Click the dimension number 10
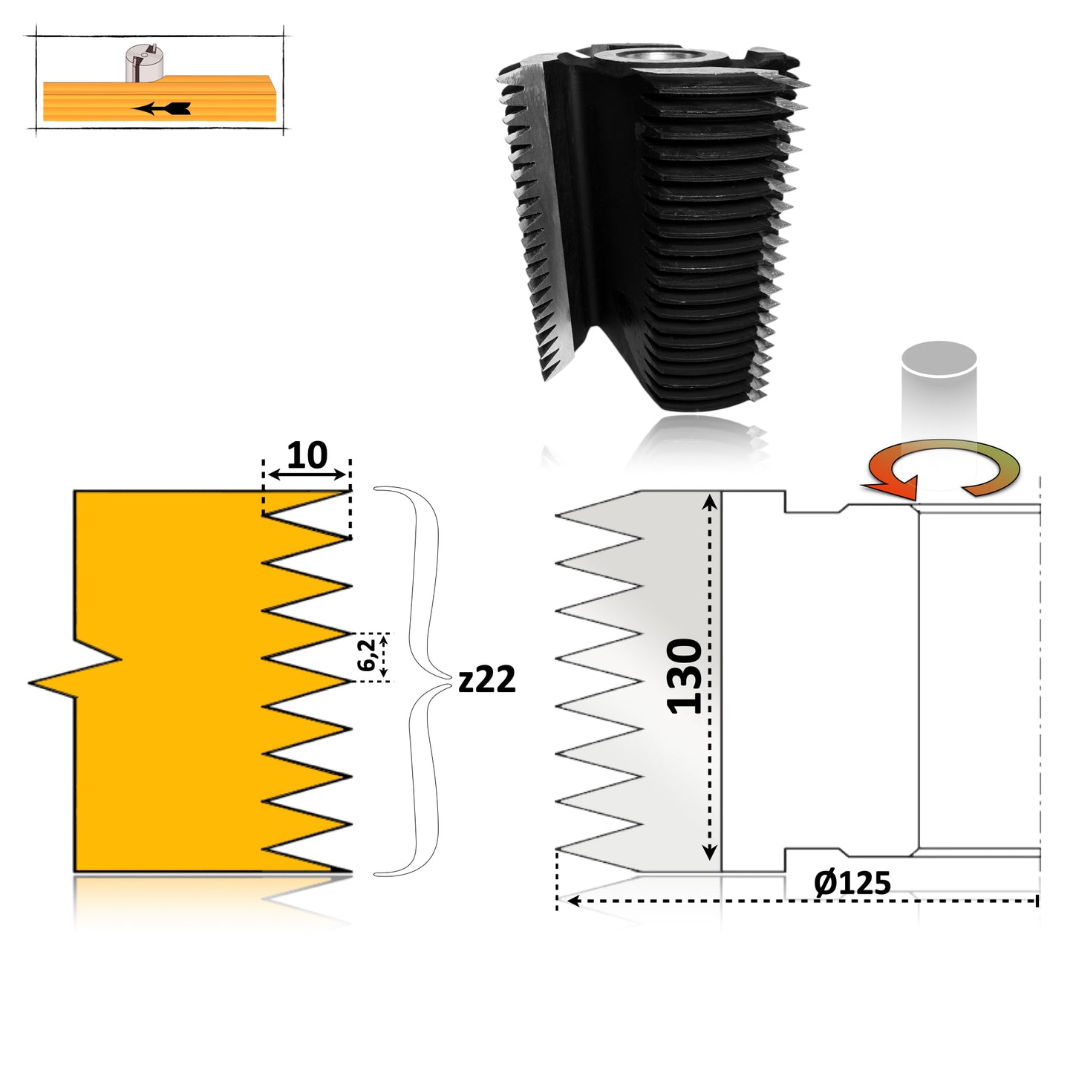(x=307, y=456)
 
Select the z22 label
(x=486, y=680)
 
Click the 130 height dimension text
(x=684, y=676)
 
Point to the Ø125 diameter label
(x=852, y=883)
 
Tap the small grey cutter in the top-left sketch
(x=144, y=63)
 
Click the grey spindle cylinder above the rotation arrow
(x=939, y=390)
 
